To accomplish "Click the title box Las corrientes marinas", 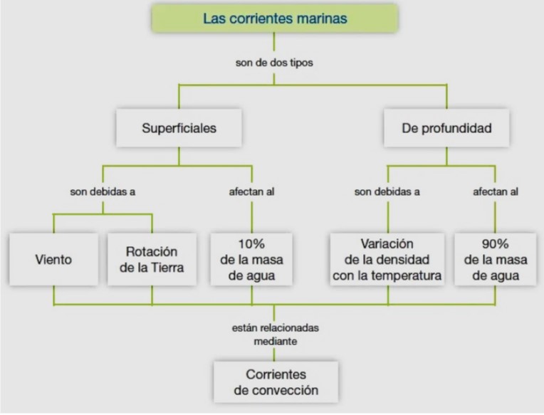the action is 275,19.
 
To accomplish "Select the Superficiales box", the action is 179,128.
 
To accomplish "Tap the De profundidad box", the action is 446,128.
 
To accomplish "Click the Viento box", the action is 54,259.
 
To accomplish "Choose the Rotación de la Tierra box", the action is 152,259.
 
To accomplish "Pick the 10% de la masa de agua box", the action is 251,259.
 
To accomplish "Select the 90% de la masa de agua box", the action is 496,259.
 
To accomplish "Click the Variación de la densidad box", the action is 387,259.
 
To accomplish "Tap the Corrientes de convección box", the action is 276,382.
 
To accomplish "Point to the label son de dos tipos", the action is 274,63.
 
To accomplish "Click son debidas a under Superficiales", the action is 103,191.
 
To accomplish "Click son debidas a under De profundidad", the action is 387,191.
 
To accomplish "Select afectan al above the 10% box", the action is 251,191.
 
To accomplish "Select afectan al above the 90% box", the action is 496,191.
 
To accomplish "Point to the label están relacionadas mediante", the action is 276,335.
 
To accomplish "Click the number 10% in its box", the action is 251,244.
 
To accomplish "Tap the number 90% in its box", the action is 496,244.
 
